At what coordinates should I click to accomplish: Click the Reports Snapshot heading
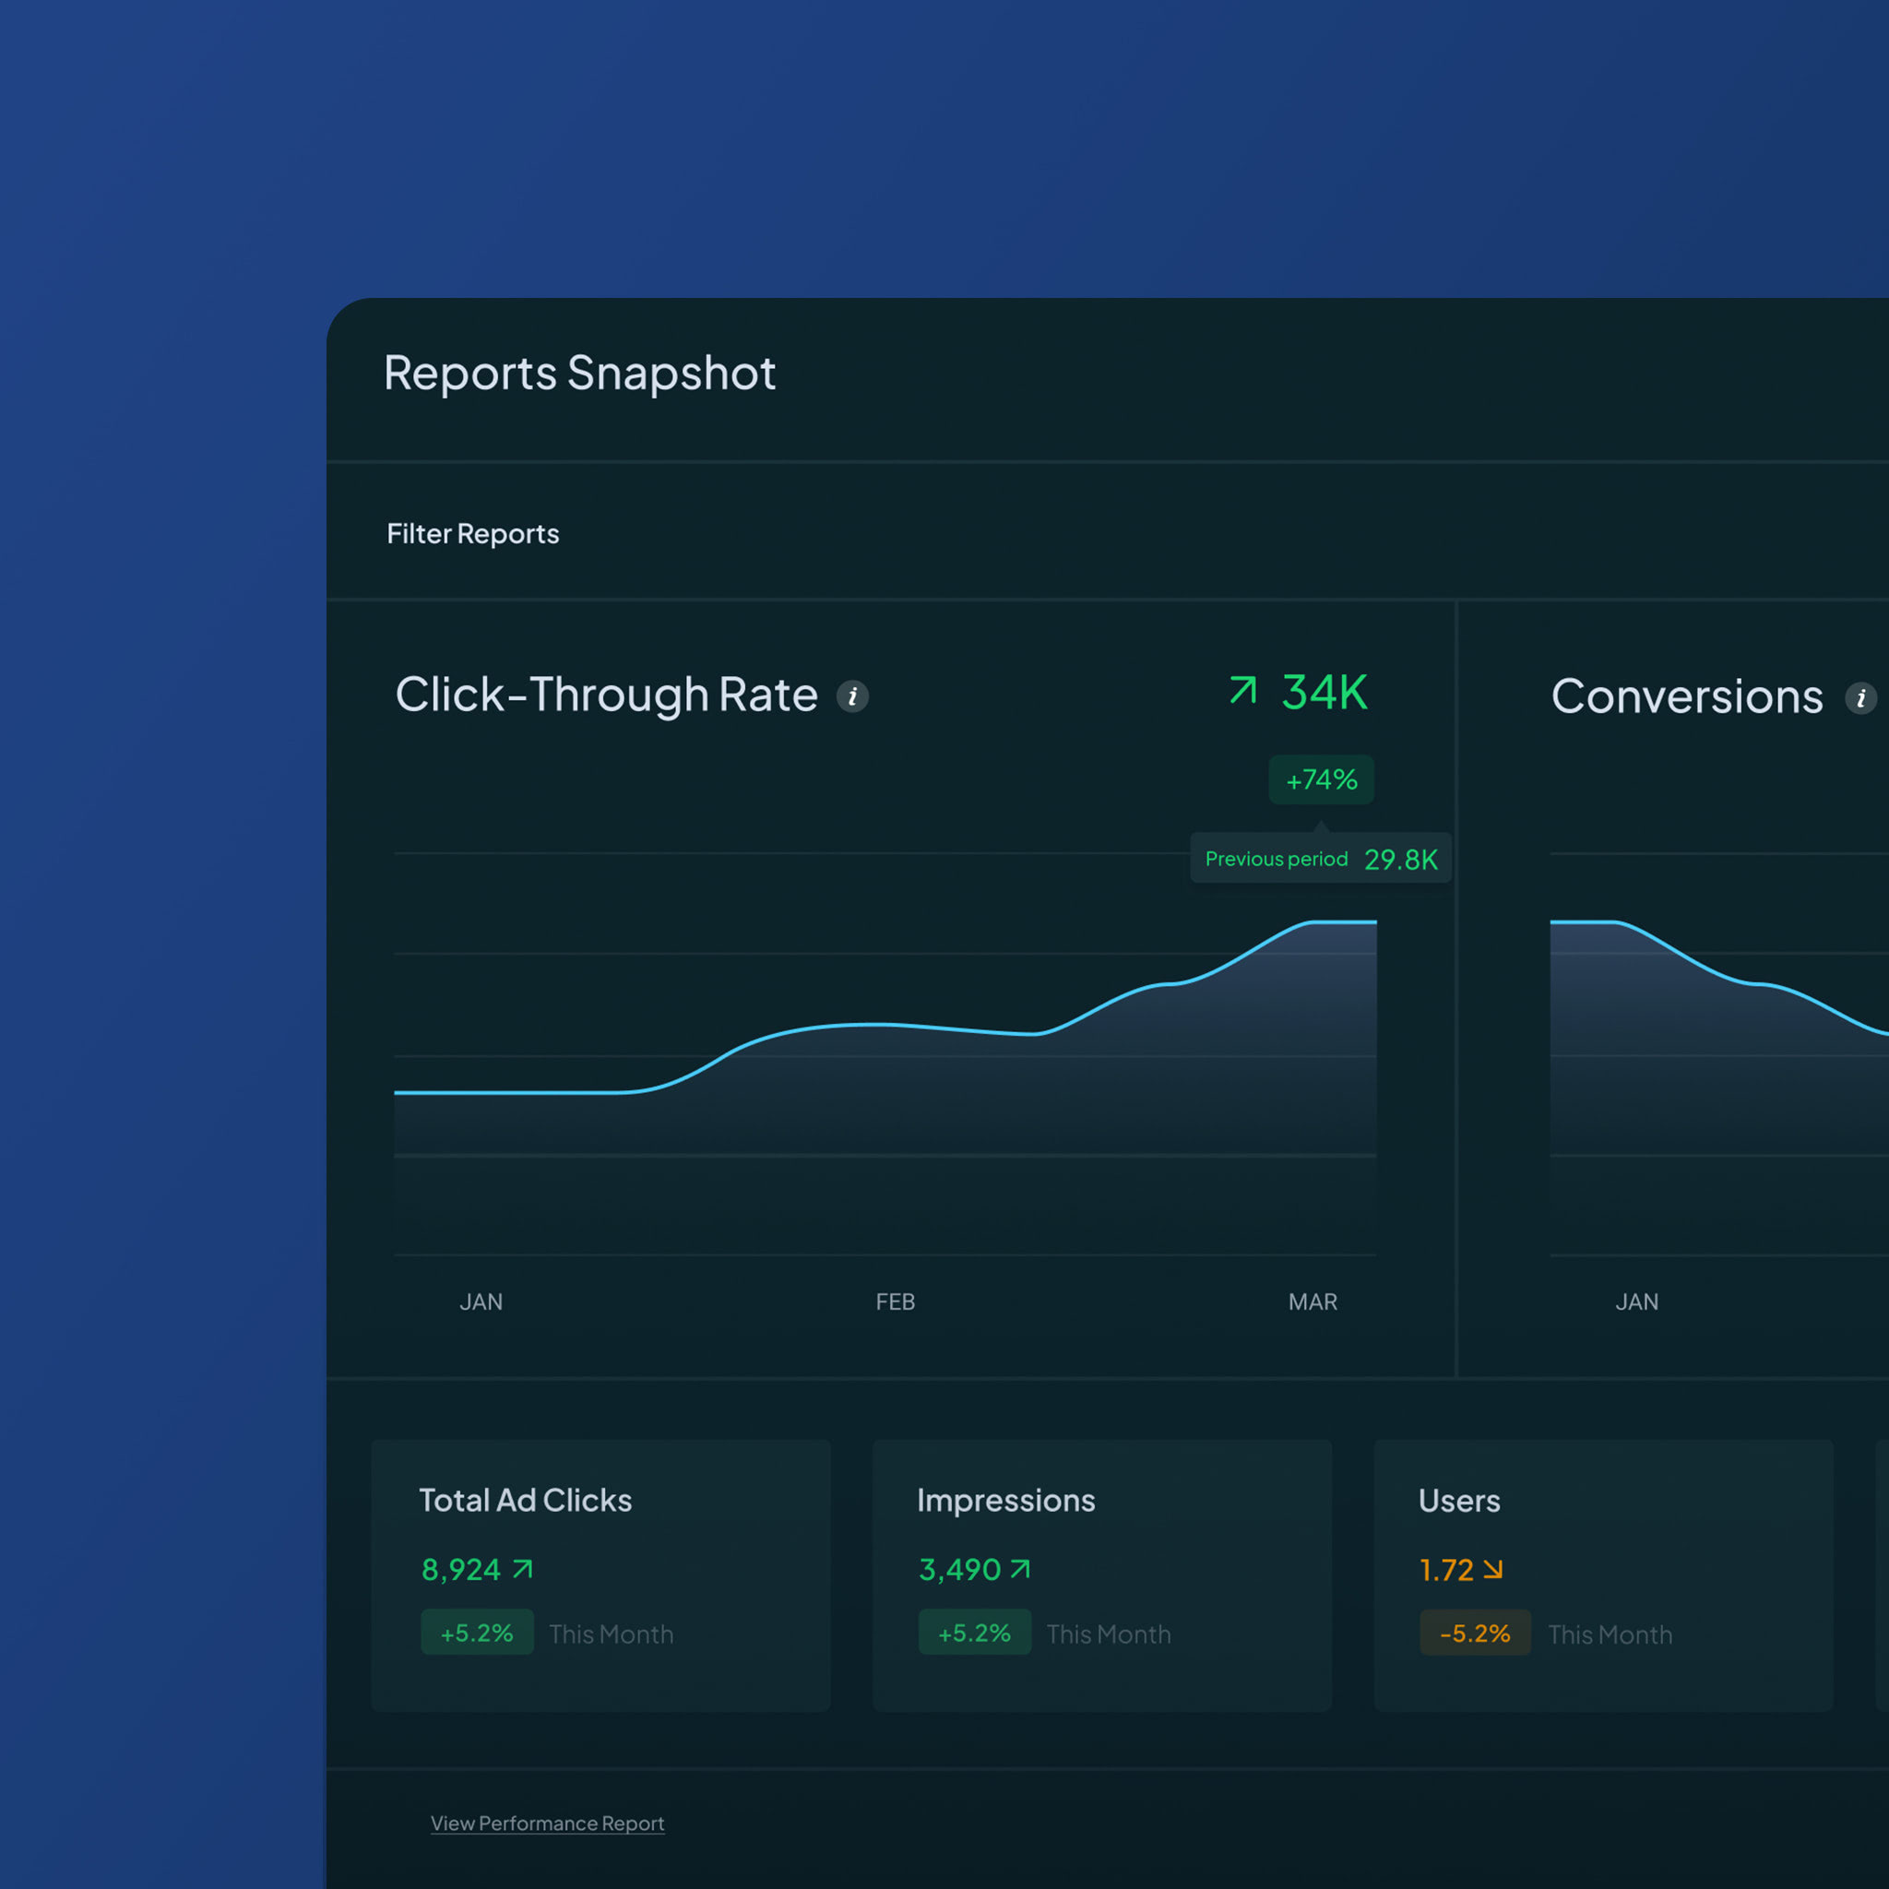click(579, 374)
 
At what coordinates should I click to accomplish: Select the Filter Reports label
click(472, 534)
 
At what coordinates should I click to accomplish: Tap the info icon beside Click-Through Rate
click(852, 696)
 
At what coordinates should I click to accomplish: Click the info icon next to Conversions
click(1859, 698)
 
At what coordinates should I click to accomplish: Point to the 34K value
click(1324, 693)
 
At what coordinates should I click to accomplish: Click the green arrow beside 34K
click(1242, 690)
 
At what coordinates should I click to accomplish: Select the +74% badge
click(1321, 779)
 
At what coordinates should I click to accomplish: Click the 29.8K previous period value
click(1400, 860)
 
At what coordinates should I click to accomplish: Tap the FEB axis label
click(895, 1301)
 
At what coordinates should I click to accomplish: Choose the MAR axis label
click(1313, 1301)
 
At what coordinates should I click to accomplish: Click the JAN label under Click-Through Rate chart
click(481, 1301)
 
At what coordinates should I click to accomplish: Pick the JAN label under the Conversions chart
click(1635, 1301)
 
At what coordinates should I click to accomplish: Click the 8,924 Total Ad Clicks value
click(460, 1569)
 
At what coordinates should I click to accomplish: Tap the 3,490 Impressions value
click(959, 1569)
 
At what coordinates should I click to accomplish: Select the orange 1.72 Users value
click(1445, 1570)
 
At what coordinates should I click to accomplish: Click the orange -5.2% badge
click(1475, 1633)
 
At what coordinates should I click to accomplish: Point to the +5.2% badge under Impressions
click(974, 1633)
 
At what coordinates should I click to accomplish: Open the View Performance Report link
click(547, 1824)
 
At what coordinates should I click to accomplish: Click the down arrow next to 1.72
click(1493, 1569)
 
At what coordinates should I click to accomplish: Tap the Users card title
click(1459, 1501)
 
